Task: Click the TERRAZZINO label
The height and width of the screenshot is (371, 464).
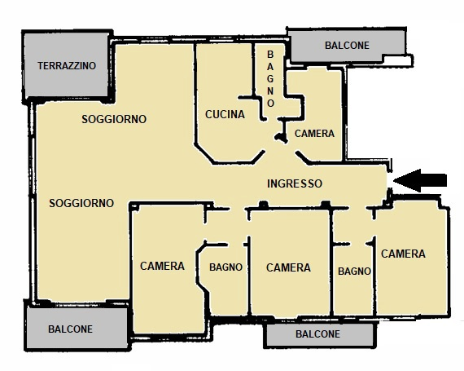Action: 67,66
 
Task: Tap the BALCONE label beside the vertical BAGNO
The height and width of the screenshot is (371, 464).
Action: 347,46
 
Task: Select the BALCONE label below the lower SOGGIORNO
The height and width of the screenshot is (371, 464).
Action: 71,329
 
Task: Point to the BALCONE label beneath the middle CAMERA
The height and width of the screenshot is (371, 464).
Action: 317,334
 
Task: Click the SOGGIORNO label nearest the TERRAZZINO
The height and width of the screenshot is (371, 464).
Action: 114,119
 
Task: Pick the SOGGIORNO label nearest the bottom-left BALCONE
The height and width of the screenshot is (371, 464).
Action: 81,203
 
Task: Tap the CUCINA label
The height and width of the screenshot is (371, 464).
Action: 225,114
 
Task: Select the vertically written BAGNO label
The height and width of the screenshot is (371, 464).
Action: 270,79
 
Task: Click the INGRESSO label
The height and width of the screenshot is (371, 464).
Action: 295,183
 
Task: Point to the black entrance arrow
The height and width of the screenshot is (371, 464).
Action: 420,180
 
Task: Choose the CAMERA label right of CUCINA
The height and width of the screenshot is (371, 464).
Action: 314,134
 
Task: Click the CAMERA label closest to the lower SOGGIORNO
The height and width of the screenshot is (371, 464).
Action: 162,266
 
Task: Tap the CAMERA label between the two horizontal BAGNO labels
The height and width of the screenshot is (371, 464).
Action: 288,267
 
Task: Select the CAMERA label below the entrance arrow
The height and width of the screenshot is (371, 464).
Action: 403,254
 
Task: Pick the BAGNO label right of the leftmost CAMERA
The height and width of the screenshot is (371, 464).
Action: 225,267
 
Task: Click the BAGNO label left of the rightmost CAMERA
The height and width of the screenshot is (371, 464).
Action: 354,272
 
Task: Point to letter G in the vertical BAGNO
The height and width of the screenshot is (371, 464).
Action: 270,79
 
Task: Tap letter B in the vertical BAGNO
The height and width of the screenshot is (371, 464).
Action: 270,55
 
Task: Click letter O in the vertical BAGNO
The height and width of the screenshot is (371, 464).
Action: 270,103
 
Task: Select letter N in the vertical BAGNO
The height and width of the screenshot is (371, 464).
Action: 270,91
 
